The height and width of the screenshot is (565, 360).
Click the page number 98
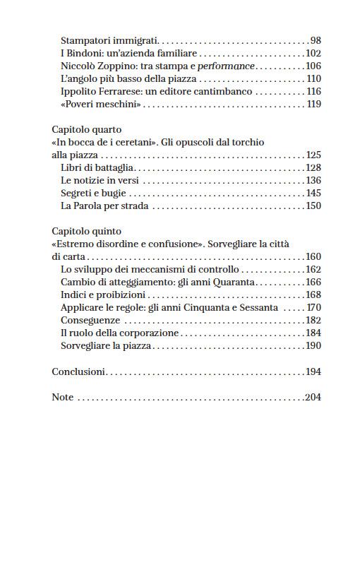tap(315, 41)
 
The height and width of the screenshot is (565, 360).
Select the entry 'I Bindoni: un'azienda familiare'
tap(129, 54)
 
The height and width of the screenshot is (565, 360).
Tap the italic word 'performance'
tap(226, 66)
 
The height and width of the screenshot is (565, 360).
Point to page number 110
tap(313, 79)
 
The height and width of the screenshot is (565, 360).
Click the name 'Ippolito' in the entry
tap(78, 92)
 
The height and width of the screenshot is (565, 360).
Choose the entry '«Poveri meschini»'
tap(101, 105)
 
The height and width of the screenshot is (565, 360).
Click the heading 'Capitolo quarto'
tap(87, 130)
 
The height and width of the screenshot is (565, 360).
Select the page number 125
tap(313, 155)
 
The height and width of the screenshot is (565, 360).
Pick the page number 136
tap(313, 181)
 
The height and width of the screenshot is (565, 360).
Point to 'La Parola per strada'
tap(105, 206)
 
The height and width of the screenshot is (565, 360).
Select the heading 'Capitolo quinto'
tap(87, 231)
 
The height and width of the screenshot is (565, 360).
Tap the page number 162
tap(313, 270)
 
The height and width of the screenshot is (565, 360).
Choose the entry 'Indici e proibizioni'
tap(103, 295)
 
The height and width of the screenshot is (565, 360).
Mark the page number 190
tap(313, 346)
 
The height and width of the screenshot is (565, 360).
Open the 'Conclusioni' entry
tap(78, 371)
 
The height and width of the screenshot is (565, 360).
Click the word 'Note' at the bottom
tap(63, 397)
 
